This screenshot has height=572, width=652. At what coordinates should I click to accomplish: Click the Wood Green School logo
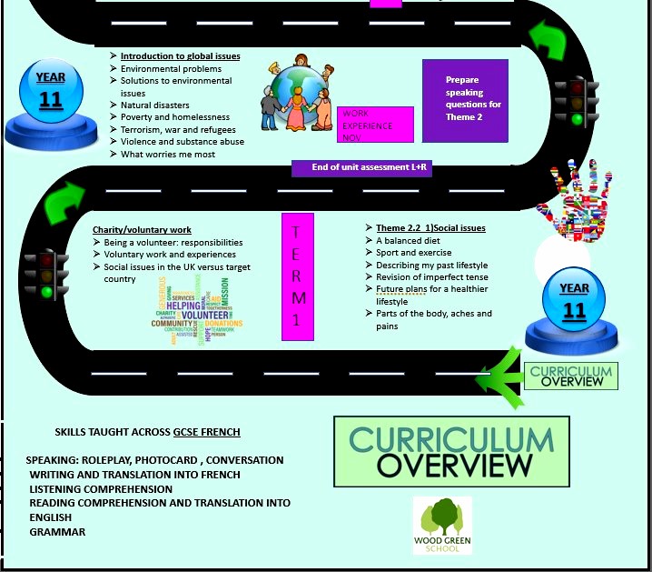pyautogui.click(x=442, y=525)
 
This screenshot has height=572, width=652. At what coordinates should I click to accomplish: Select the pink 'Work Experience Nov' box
pyautogui.click(x=374, y=125)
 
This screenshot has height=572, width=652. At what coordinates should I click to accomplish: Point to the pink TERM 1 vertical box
pyautogui.click(x=298, y=276)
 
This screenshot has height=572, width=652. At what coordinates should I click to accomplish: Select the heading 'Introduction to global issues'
pyautogui.click(x=180, y=56)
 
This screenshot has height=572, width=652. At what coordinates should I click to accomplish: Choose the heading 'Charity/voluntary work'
pyautogui.click(x=141, y=229)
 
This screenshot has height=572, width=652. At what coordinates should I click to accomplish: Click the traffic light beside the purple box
pyautogui.click(x=576, y=100)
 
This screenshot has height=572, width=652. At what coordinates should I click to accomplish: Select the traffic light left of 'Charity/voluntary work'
pyautogui.click(x=46, y=273)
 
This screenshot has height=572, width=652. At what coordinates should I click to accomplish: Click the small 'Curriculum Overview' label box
pyautogui.click(x=570, y=375)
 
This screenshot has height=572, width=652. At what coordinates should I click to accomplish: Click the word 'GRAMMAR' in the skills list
pyautogui.click(x=57, y=532)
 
